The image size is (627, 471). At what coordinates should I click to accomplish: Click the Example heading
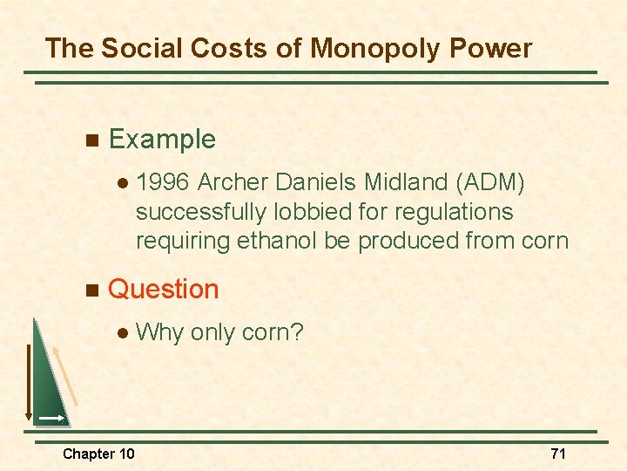tap(162, 140)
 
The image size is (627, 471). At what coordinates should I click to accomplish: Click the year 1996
tap(164, 182)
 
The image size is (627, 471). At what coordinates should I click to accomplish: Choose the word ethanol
tap(278, 241)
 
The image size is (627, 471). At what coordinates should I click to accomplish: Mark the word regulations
tap(454, 212)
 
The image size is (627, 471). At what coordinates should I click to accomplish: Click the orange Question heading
tap(164, 290)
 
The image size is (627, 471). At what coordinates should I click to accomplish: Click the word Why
tap(159, 332)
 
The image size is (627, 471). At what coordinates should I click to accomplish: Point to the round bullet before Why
tap(123, 332)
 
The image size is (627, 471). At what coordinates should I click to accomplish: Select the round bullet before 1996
tap(123, 183)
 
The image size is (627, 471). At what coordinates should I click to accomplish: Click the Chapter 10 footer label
tap(98, 454)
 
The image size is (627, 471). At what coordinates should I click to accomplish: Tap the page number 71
tap(558, 454)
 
